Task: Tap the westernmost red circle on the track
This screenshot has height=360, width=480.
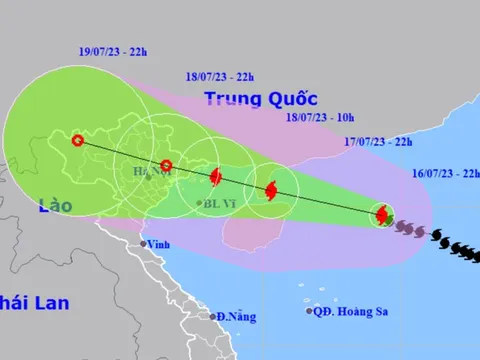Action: [x=77, y=140]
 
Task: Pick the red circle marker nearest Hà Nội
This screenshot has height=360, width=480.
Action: [x=167, y=166]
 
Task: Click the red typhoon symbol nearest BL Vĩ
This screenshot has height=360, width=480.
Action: [x=215, y=178]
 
